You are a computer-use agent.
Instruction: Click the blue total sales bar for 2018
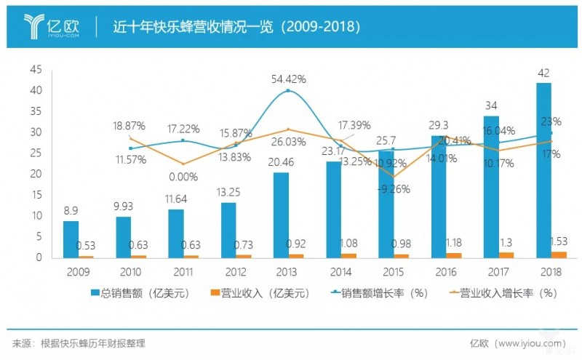point(543,170)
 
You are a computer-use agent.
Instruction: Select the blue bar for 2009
point(71,239)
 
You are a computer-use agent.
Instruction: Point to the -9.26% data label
point(394,189)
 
